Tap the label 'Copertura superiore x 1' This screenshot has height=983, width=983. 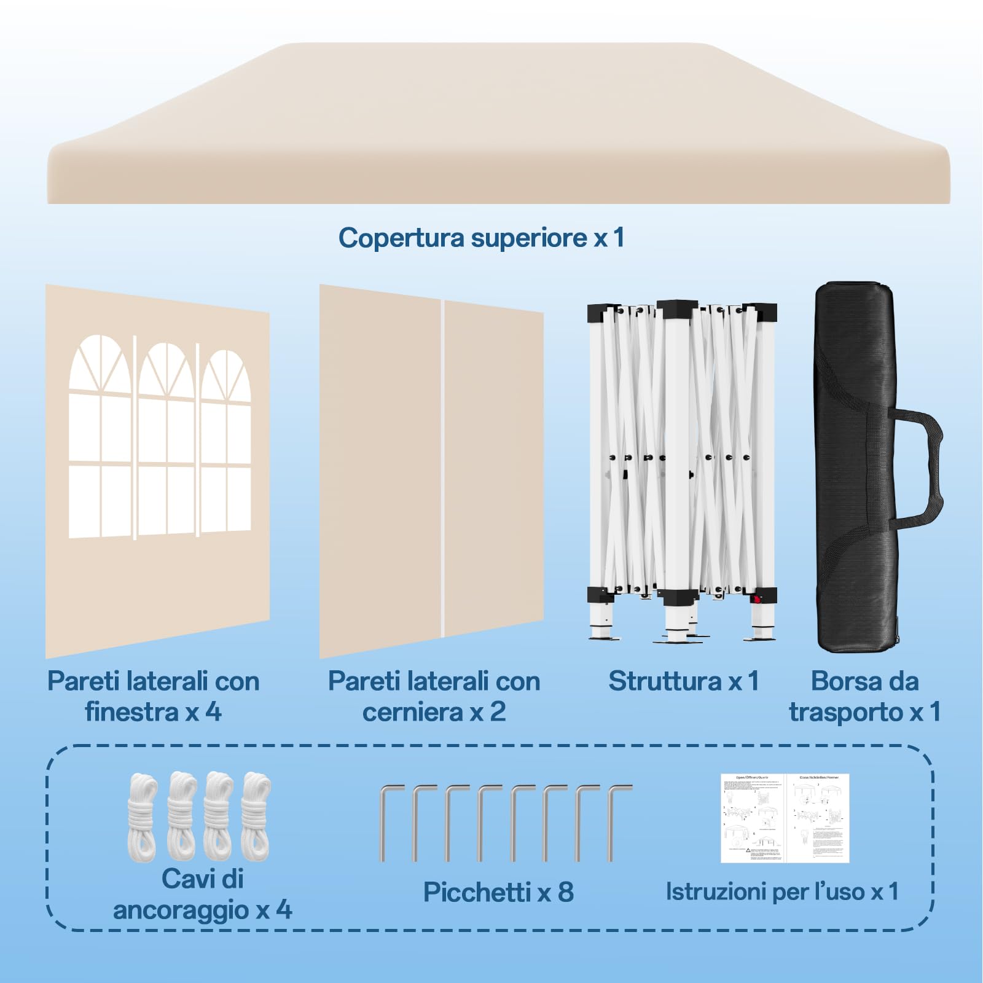click(x=481, y=238)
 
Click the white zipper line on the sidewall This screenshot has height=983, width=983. click(x=442, y=467)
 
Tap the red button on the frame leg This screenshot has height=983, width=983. click(x=758, y=599)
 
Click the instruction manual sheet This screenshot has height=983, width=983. click(x=785, y=818)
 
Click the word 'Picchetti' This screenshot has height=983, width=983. click(x=476, y=892)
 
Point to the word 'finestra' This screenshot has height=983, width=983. click(x=131, y=712)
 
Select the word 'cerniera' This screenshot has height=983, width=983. click(x=413, y=712)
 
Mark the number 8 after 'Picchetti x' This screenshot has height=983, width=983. click(x=565, y=892)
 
